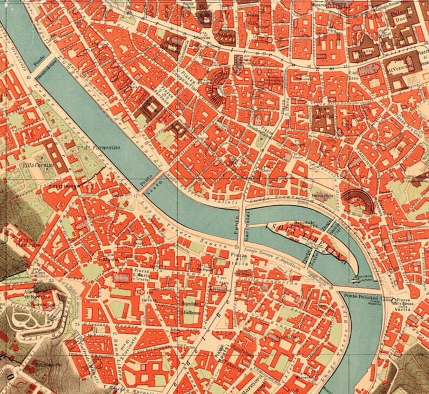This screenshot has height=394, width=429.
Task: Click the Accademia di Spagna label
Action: [x=33, y=296]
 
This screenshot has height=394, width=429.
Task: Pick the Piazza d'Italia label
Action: [x=238, y=258]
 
